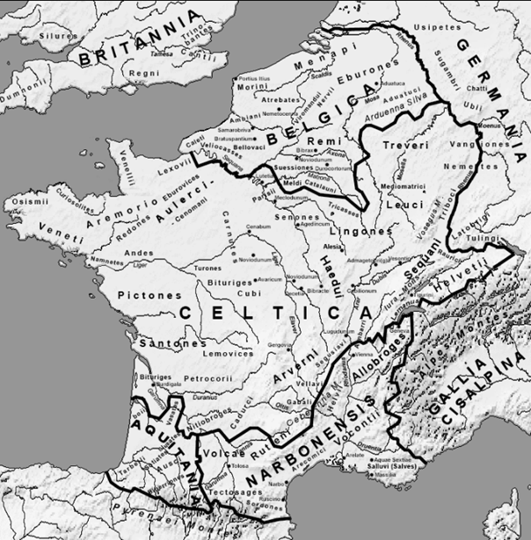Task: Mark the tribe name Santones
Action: (177, 343)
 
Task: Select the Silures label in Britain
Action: (54, 35)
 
